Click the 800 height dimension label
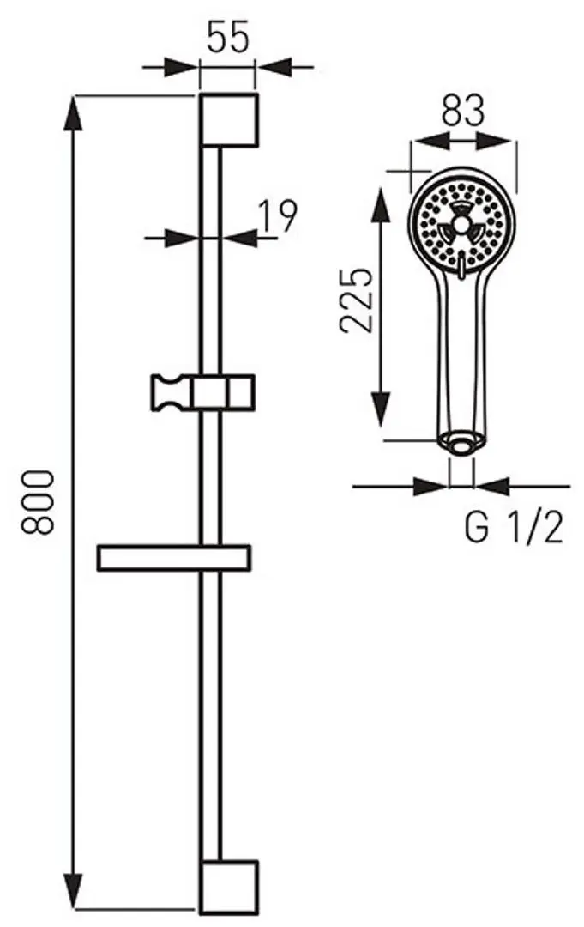tap(39, 502)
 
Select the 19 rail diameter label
tap(278, 217)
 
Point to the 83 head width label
tap(463, 111)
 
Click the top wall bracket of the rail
tap(228, 120)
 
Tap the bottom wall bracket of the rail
tap(228, 887)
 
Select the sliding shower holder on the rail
tap(203, 392)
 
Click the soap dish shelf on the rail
tap(174, 558)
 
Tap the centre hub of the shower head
tap(462, 226)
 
